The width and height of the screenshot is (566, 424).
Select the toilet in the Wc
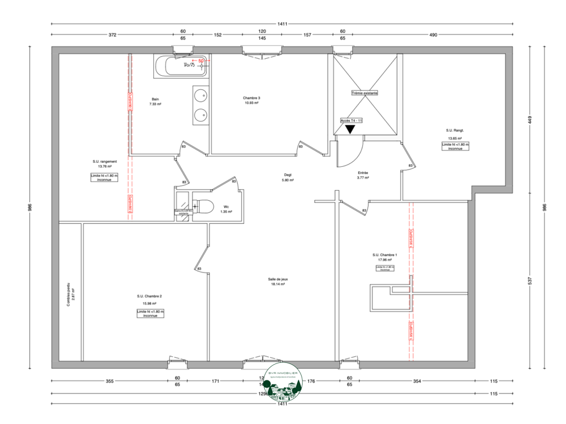(x=204, y=206)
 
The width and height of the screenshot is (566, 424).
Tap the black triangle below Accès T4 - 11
(x=351, y=129)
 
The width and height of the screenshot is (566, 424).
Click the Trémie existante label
(x=365, y=93)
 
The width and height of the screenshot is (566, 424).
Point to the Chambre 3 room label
(x=251, y=98)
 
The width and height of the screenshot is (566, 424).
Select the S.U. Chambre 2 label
(x=149, y=296)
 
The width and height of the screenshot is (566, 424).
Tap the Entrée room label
(x=363, y=173)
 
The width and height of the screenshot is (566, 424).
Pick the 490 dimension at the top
(x=434, y=35)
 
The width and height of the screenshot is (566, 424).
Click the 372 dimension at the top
(x=112, y=35)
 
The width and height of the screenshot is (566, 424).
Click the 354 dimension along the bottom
(x=417, y=382)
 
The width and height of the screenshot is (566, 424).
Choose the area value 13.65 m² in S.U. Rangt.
(x=455, y=139)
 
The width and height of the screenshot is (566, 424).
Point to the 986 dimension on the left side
(x=29, y=207)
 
